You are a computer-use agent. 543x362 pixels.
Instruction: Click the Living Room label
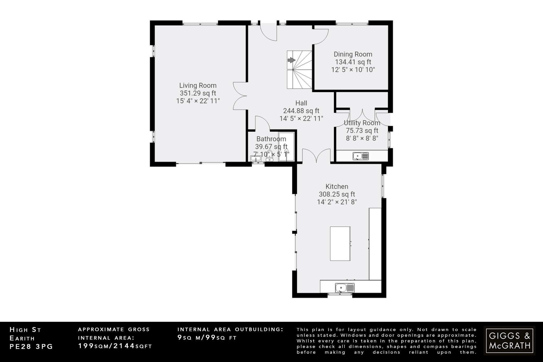pyautogui.click(x=198, y=85)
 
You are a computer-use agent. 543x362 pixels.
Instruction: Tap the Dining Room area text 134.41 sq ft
pyautogui.click(x=353, y=62)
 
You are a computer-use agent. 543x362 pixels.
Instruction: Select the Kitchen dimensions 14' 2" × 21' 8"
pyautogui.click(x=337, y=202)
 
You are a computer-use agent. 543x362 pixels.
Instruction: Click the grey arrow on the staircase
pyautogui.click(x=291, y=60)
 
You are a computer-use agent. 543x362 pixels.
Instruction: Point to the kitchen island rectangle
pyautogui.click(x=340, y=243)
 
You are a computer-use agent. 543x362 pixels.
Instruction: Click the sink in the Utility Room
pyautogui.click(x=361, y=156)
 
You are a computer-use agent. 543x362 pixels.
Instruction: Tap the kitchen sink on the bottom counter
pyautogui.click(x=344, y=287)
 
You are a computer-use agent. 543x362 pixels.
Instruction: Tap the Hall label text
pyautogui.click(x=301, y=103)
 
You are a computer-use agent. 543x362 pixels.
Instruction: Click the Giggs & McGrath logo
pyautogui.click(x=509, y=341)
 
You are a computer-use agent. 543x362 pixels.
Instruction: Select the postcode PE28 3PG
pyautogui.click(x=31, y=347)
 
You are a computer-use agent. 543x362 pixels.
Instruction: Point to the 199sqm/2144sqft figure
pyautogui.click(x=115, y=346)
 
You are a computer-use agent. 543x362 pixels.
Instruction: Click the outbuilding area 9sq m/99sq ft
pyautogui.click(x=207, y=338)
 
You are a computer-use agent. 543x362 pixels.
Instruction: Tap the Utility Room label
pyautogui.click(x=362, y=123)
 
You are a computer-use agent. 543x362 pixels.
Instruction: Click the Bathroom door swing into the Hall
pyautogui.click(x=262, y=123)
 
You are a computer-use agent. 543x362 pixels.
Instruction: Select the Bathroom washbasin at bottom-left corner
pyautogui.click(x=256, y=159)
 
